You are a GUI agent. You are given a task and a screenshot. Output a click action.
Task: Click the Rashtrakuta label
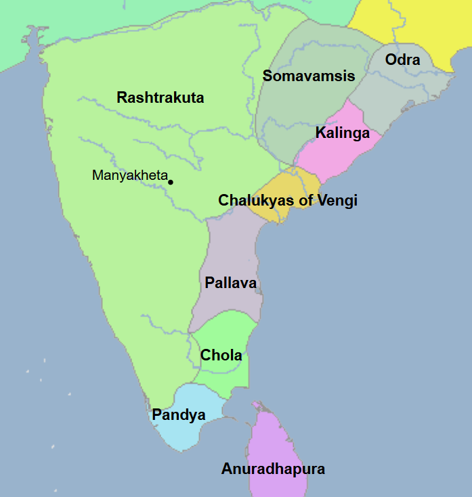pyautogui.click(x=160, y=97)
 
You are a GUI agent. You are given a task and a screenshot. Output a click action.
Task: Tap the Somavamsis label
pyautogui.click(x=309, y=76)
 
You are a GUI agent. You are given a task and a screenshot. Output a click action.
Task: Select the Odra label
pyautogui.click(x=402, y=60)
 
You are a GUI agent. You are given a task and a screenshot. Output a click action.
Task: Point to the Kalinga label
pyautogui.click(x=343, y=133)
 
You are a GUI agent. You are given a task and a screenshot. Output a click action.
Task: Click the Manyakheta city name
pyautogui.click(x=129, y=176)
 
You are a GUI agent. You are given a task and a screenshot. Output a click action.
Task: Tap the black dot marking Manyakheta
pyautogui.click(x=171, y=182)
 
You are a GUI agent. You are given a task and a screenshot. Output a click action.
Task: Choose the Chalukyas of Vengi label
pyautogui.click(x=288, y=200)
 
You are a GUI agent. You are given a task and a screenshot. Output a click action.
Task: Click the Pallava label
pyautogui.click(x=230, y=283)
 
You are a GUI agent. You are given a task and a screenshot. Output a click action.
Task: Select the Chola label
pyautogui.click(x=221, y=355)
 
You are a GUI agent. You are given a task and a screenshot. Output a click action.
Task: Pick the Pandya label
pyautogui.click(x=179, y=415)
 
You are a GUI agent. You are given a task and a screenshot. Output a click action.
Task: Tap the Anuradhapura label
pyautogui.click(x=273, y=469)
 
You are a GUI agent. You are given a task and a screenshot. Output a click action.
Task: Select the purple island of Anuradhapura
pyautogui.click(x=278, y=440)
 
